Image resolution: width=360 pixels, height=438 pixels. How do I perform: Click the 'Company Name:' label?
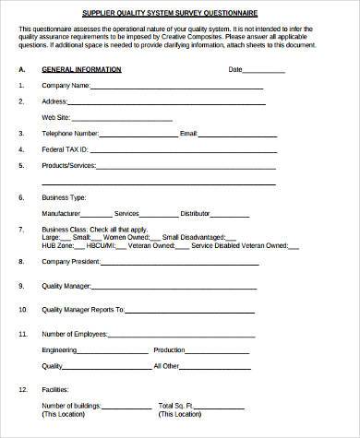click(x=65, y=86)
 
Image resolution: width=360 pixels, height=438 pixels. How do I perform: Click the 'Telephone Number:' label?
click(x=70, y=134)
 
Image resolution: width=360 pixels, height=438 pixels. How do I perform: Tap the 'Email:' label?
click(x=188, y=134)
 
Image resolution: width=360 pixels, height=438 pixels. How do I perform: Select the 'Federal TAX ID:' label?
click(x=66, y=149)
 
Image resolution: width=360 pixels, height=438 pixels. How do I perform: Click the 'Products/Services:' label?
click(x=70, y=166)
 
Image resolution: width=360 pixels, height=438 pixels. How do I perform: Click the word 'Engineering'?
click(x=59, y=350)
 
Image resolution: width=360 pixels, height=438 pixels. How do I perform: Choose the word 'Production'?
click(x=169, y=350)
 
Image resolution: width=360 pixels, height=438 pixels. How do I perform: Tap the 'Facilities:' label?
click(x=56, y=389)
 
